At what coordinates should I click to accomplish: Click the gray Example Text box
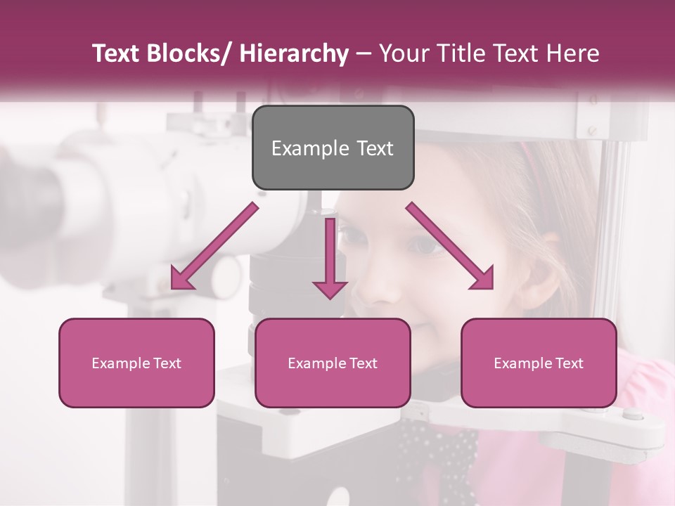coord(333,148)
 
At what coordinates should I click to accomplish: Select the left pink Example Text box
coord(136,363)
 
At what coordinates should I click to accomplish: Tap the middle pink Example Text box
coord(333,363)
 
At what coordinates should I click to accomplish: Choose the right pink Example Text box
coord(539,363)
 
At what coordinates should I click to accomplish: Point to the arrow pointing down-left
coord(214,247)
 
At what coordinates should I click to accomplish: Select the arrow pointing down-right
coord(450,246)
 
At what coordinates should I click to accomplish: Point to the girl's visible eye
coord(426,244)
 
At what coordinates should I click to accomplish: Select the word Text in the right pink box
coord(569,363)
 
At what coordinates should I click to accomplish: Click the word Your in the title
coord(401,53)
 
